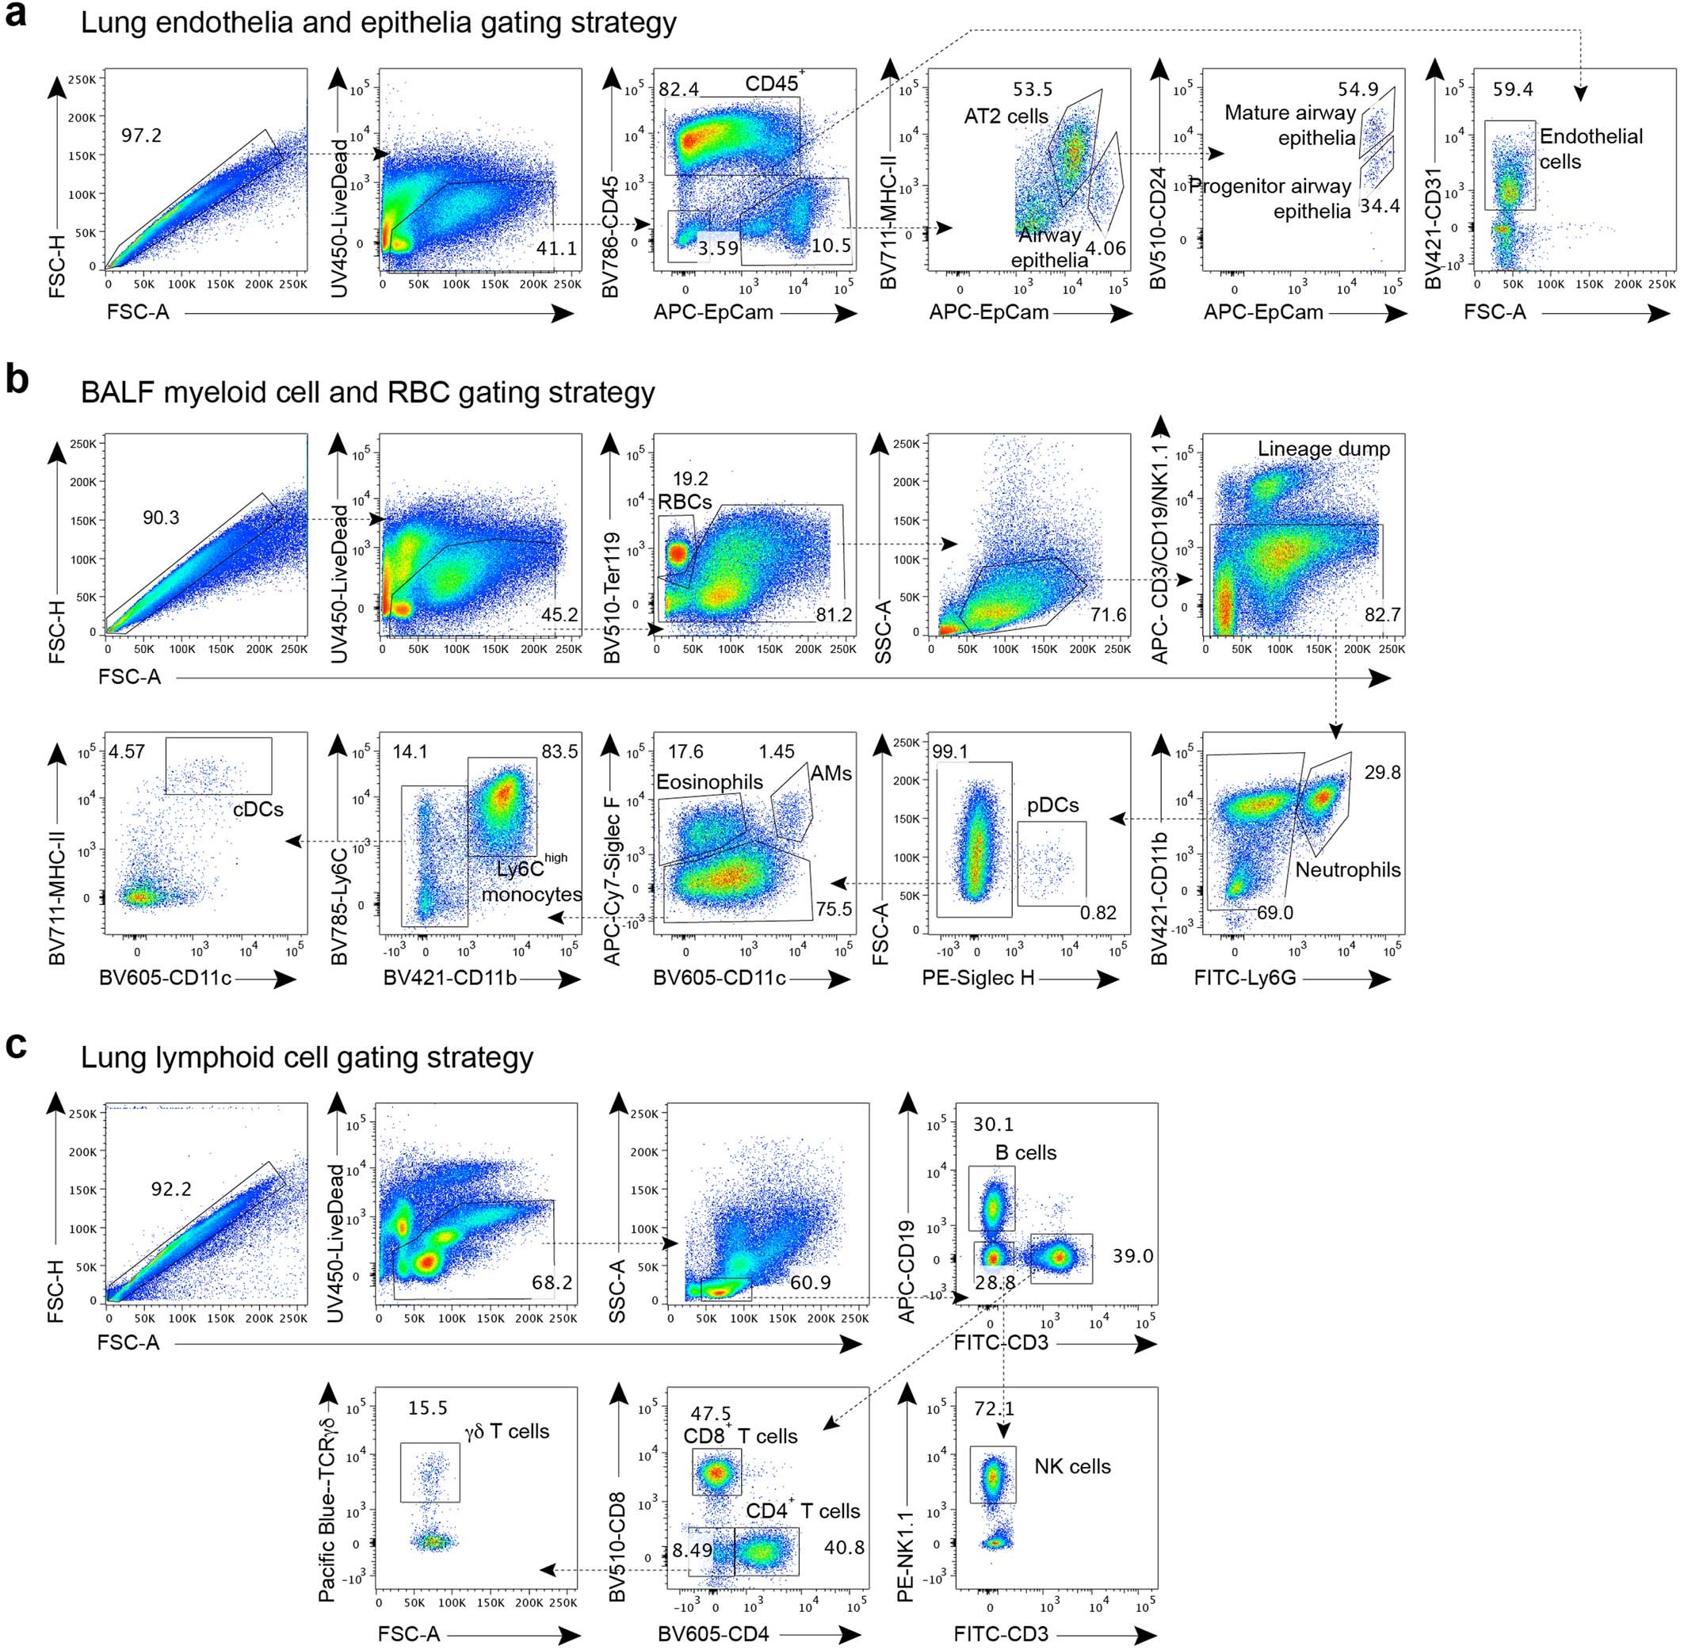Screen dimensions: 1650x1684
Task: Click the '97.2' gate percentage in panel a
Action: (x=141, y=136)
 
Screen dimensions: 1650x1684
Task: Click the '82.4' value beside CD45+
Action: (x=678, y=90)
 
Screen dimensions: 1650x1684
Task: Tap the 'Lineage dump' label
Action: (x=1323, y=449)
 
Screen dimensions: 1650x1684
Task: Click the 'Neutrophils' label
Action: (x=1347, y=870)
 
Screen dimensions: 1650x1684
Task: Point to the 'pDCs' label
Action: (x=1052, y=805)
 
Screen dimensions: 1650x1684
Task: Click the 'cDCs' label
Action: (x=258, y=808)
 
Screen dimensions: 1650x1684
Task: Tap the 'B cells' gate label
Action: (x=1025, y=1152)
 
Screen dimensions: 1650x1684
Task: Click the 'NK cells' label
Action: (x=1071, y=1466)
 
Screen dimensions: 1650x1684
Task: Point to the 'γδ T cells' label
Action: (x=507, y=1430)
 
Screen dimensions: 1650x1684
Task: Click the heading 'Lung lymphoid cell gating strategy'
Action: (x=307, y=1058)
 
